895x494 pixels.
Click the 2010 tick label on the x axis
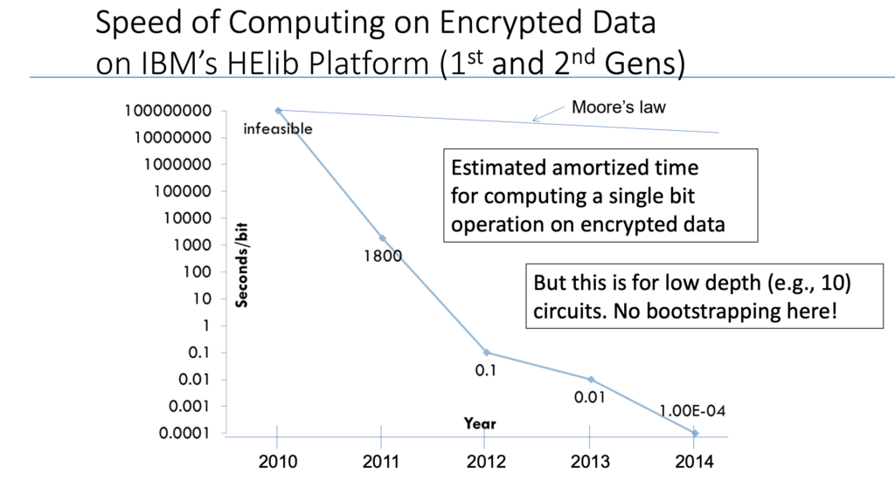[277, 461]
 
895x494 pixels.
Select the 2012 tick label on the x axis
[486, 461]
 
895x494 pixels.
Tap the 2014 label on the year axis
[694, 461]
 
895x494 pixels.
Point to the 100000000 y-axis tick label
[168, 111]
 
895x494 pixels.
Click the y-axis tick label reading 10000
[187, 218]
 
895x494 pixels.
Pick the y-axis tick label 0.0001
[184, 434]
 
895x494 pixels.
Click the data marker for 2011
[383, 238]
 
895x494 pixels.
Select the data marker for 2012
[486, 353]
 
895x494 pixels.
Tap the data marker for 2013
[591, 380]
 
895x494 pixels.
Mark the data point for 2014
[695, 434]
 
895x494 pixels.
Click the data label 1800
[383, 257]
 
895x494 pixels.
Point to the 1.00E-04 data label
[692, 411]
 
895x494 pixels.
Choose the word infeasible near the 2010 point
[278, 129]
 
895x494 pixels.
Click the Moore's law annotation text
[619, 107]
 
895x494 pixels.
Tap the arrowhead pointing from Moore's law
[535, 119]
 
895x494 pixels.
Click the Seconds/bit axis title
[242, 266]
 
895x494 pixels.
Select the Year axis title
[480, 423]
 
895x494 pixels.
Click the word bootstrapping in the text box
[708, 311]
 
